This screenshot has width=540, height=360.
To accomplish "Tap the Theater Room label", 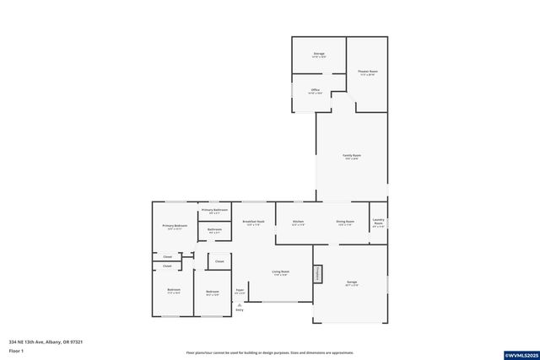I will point(367,73).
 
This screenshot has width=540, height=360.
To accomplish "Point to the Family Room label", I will point(352,157).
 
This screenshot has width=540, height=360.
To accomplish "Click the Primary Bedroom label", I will point(175,227).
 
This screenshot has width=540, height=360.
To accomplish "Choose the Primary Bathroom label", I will point(214,210).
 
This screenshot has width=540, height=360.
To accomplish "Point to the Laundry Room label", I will point(379,224).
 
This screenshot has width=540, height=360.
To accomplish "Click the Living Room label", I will point(280,273).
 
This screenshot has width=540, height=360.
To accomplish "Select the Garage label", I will point(352,284).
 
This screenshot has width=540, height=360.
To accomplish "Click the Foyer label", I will point(240,292).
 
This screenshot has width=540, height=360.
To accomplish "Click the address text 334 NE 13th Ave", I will point(46,341).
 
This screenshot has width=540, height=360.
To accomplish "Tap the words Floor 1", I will point(16,350).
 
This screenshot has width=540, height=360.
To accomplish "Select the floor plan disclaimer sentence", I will point(270,352).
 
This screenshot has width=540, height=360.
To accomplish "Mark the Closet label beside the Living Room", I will point(219,261).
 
